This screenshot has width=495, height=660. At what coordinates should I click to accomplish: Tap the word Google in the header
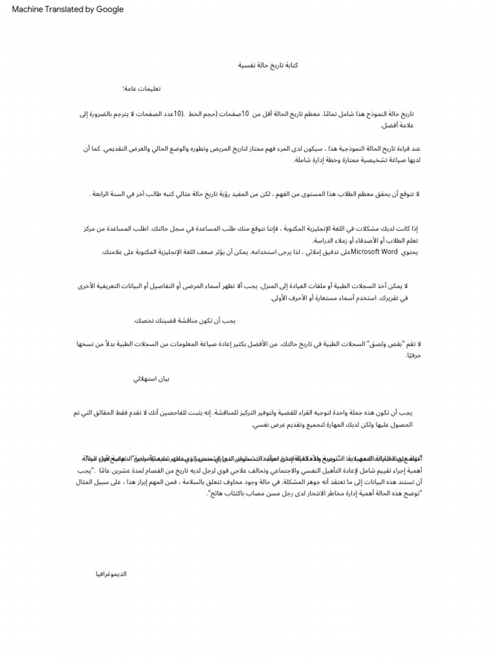(110, 10)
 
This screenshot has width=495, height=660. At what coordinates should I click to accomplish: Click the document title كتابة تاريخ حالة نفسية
(266, 66)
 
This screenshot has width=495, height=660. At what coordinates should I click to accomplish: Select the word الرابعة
(103, 194)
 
